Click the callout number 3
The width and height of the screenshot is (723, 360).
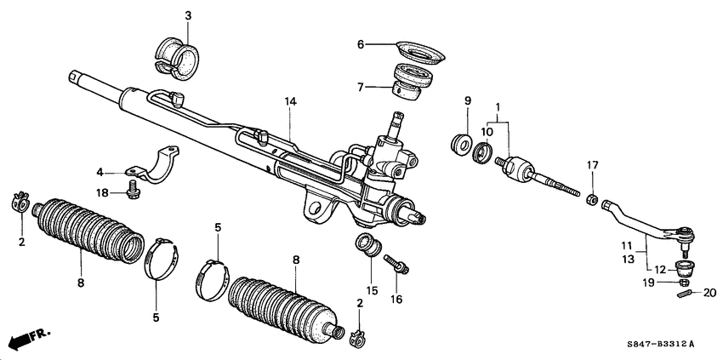pyautogui.click(x=188, y=15)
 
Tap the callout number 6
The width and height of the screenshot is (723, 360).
pyautogui.click(x=361, y=44)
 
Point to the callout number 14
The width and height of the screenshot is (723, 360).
pyautogui.click(x=291, y=101)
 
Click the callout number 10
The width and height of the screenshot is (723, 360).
pyautogui.click(x=487, y=132)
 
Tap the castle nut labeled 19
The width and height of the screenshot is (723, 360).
pyautogui.click(x=685, y=281)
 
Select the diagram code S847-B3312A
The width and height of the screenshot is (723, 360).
pyautogui.click(x=658, y=344)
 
